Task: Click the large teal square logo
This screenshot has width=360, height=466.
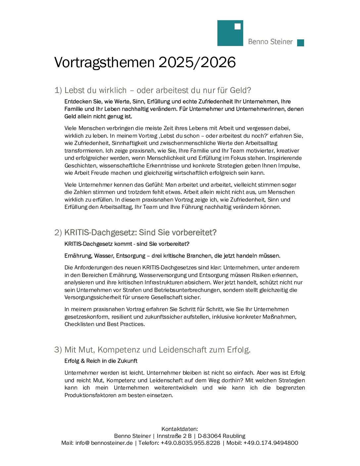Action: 230,33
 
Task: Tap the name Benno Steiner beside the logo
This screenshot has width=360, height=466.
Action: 270,42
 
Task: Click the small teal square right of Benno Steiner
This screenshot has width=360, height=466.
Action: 300,43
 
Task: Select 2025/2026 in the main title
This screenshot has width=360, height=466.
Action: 197,63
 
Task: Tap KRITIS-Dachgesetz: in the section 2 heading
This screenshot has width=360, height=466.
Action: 100,233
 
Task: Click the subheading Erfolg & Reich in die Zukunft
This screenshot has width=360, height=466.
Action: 101,361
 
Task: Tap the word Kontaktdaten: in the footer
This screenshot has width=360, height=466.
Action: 180,429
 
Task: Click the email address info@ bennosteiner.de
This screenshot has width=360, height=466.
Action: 104,443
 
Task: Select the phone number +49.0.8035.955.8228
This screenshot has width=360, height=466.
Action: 190,443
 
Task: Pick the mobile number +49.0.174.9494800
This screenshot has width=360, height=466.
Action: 271,443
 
